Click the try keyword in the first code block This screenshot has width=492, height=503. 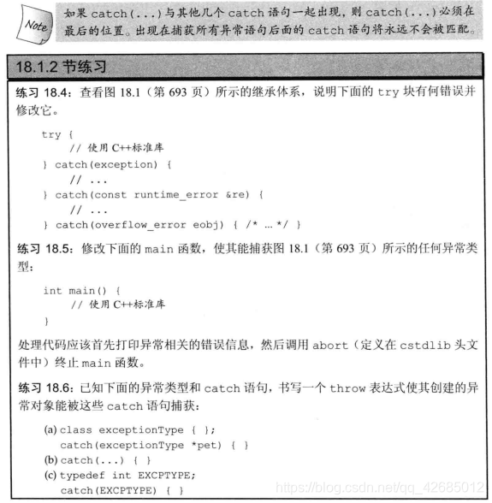point(51,134)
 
